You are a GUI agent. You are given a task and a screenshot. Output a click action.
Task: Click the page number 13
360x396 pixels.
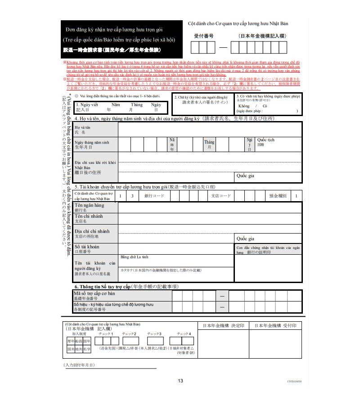(x=180, y=381)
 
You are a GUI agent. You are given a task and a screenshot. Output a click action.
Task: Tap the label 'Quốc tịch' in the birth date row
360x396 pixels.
(x=265, y=140)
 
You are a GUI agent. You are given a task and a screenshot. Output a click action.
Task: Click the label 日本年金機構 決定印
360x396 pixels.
(x=223, y=325)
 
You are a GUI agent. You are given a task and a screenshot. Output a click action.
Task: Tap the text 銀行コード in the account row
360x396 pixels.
(x=154, y=196)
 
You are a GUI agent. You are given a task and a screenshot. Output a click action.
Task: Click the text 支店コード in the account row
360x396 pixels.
(x=221, y=196)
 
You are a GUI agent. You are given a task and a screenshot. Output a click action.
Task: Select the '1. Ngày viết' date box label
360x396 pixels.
(x=87, y=104)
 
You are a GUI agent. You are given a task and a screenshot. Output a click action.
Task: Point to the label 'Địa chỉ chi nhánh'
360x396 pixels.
(x=92, y=231)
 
